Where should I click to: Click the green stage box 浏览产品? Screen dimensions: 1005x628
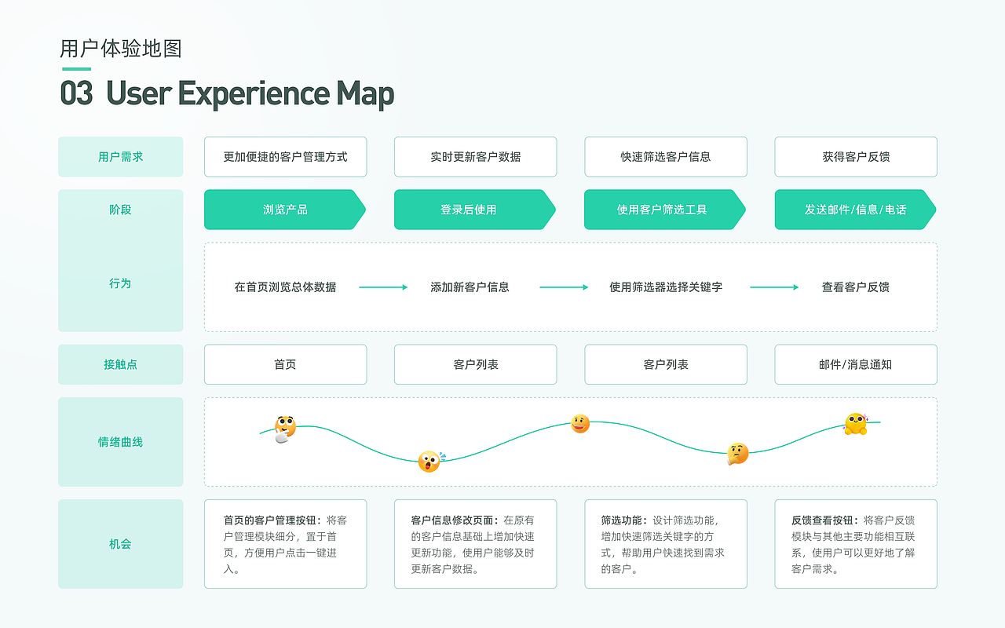[x=285, y=210]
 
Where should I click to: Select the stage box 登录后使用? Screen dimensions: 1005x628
[x=475, y=210]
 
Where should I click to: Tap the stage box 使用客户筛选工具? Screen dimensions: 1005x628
[x=665, y=210]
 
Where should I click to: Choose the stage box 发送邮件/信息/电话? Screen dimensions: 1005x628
[x=855, y=210]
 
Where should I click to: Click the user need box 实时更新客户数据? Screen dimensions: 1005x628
[x=476, y=156]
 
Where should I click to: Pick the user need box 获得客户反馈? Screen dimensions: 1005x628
[x=856, y=156]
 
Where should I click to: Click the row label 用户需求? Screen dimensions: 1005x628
[x=121, y=156]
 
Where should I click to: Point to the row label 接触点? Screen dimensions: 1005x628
[x=121, y=364]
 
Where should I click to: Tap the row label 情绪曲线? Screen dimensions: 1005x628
[x=121, y=442]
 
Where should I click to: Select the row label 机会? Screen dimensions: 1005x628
[x=121, y=544]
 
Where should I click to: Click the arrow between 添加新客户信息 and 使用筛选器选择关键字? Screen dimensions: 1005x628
[x=564, y=287]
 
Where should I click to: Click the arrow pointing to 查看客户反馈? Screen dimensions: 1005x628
[x=774, y=287]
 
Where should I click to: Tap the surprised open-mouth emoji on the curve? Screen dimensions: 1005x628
[x=429, y=462]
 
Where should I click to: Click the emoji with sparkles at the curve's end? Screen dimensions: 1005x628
[x=856, y=424]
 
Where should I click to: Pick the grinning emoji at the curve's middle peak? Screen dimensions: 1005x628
[x=580, y=423]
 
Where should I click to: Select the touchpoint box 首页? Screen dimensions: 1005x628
[x=285, y=364]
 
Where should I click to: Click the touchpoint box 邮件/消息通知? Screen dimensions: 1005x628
[x=856, y=364]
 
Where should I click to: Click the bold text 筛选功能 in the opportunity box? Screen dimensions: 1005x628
[x=621, y=520]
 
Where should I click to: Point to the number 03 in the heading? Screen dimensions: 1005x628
[x=77, y=93]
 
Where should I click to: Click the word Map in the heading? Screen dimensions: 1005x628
[x=365, y=94]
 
